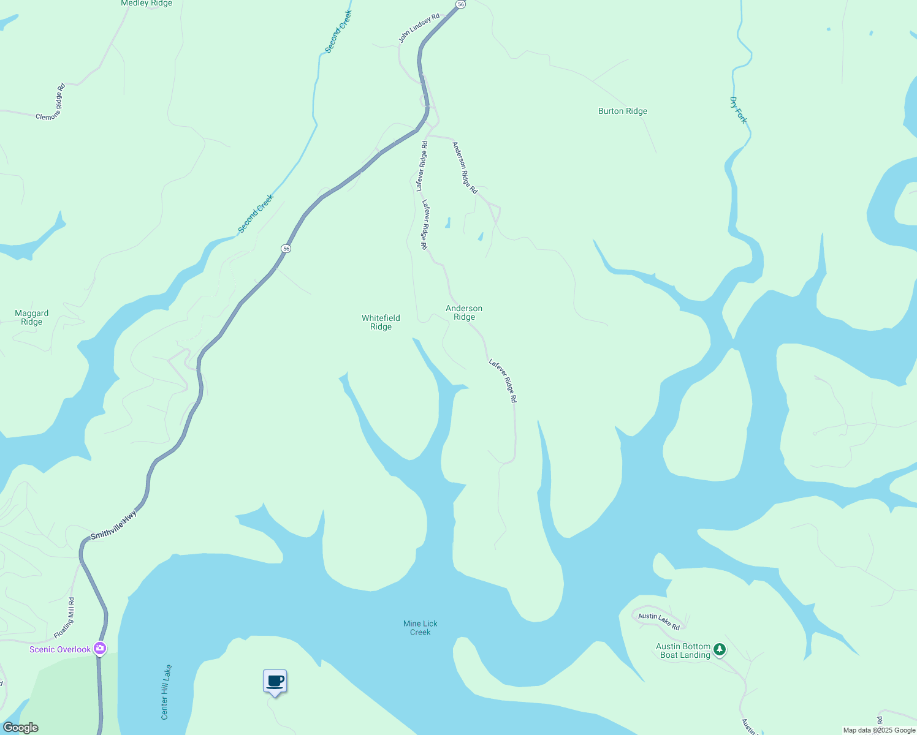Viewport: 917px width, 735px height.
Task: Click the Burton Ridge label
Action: tap(623, 111)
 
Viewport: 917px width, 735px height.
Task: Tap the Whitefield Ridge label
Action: tap(381, 322)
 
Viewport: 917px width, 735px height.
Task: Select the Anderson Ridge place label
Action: tap(464, 312)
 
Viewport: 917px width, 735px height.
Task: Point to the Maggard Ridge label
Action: tap(32, 317)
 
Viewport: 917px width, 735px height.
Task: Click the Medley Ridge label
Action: tap(146, 4)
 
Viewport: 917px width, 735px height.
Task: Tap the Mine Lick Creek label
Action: tap(420, 628)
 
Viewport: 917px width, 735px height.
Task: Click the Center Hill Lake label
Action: tap(166, 692)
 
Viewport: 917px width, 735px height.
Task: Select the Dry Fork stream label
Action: tap(739, 110)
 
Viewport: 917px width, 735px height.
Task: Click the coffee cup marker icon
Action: tap(275, 682)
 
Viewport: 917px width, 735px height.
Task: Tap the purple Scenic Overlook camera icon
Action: tap(100, 648)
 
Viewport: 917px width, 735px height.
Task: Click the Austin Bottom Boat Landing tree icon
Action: tap(720, 649)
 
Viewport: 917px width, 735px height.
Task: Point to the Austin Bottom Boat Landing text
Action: tap(683, 650)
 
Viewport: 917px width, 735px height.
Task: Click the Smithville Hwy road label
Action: tap(113, 526)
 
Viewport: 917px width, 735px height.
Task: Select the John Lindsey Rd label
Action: tap(419, 28)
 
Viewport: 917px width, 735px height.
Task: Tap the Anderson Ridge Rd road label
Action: tap(465, 168)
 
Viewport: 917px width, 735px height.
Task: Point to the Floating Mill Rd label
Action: tap(64, 619)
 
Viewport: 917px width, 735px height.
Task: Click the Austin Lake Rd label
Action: tap(659, 621)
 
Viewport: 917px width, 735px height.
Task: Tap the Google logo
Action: tap(21, 728)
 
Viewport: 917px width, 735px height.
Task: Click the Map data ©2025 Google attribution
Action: tap(879, 730)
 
